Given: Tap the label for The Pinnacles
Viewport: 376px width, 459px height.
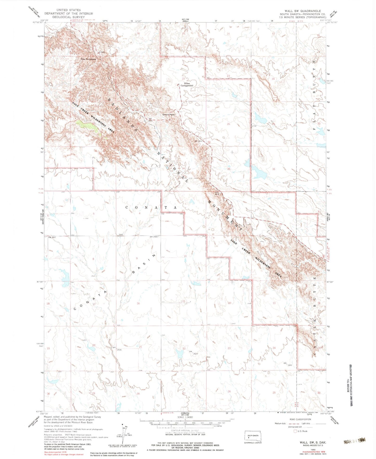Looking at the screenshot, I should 88,59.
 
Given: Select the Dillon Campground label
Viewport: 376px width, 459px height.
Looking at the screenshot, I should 187,84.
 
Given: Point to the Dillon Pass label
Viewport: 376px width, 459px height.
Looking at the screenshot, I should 169,114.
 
